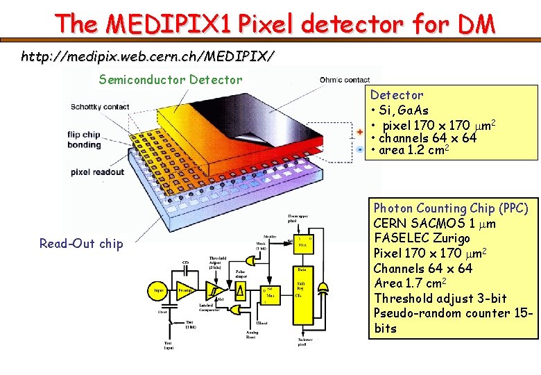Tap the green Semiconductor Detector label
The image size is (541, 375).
(x=171, y=80)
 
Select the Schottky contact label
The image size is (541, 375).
(x=100, y=107)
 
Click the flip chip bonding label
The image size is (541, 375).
(x=85, y=139)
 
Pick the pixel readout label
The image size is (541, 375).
(x=97, y=172)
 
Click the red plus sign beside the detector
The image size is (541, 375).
(x=360, y=131)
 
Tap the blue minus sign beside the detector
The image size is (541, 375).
(x=360, y=149)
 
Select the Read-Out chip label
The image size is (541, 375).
(x=81, y=243)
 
